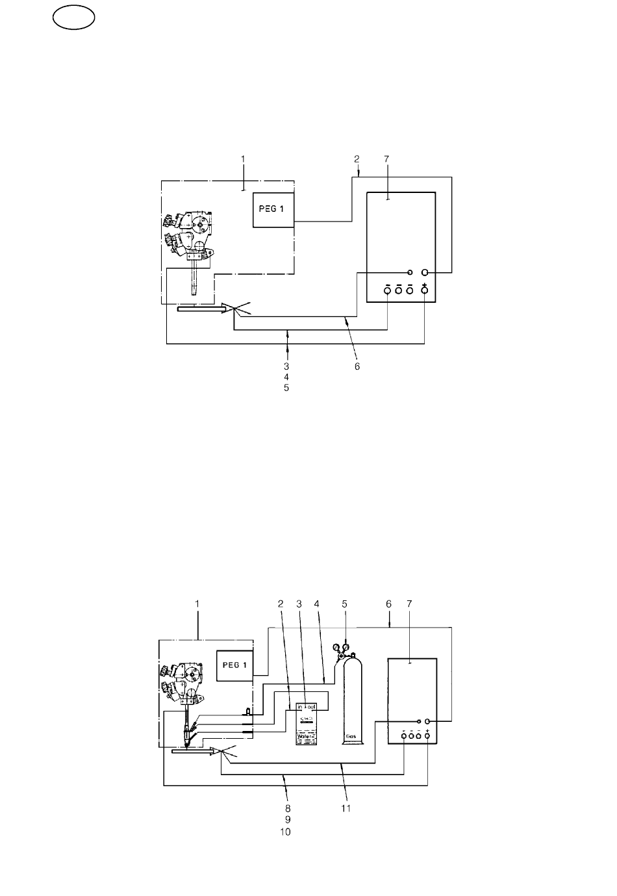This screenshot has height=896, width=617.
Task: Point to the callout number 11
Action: tap(346, 808)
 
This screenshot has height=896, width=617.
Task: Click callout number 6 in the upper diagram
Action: tap(357, 366)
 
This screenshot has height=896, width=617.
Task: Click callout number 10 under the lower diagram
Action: tap(286, 832)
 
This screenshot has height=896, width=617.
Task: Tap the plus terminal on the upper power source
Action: tap(424, 291)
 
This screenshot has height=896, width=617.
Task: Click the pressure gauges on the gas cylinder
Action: tap(340, 648)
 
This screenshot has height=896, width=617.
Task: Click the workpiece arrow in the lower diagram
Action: tap(192, 751)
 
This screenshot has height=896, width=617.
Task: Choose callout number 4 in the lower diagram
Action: tap(317, 603)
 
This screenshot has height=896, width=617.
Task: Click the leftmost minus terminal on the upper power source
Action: tap(387, 291)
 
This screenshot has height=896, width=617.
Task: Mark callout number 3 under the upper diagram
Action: tap(286, 366)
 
